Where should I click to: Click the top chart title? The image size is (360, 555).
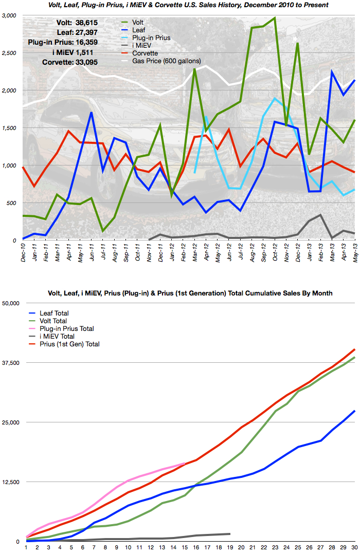179,5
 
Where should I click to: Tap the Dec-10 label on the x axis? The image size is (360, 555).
24,252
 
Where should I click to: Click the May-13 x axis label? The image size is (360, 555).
354,252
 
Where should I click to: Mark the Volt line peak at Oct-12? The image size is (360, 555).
275,18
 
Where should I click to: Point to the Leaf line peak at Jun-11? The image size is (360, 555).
91,113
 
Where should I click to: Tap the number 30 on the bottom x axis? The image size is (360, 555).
354,548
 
